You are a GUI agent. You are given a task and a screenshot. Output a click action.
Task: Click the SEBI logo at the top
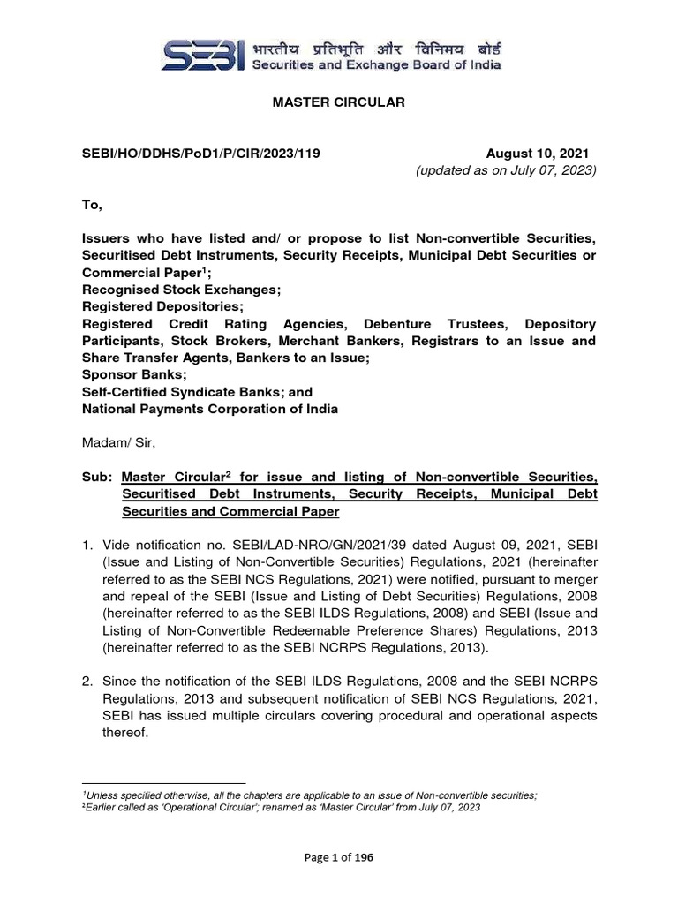coord(201,54)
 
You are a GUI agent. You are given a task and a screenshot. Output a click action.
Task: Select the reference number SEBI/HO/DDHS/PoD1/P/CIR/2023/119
coord(200,153)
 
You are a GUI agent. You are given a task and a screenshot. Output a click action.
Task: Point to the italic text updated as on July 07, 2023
coord(506,170)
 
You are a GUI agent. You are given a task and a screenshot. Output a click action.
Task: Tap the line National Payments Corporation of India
coord(210,409)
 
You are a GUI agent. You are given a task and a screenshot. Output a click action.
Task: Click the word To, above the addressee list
coord(93,205)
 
